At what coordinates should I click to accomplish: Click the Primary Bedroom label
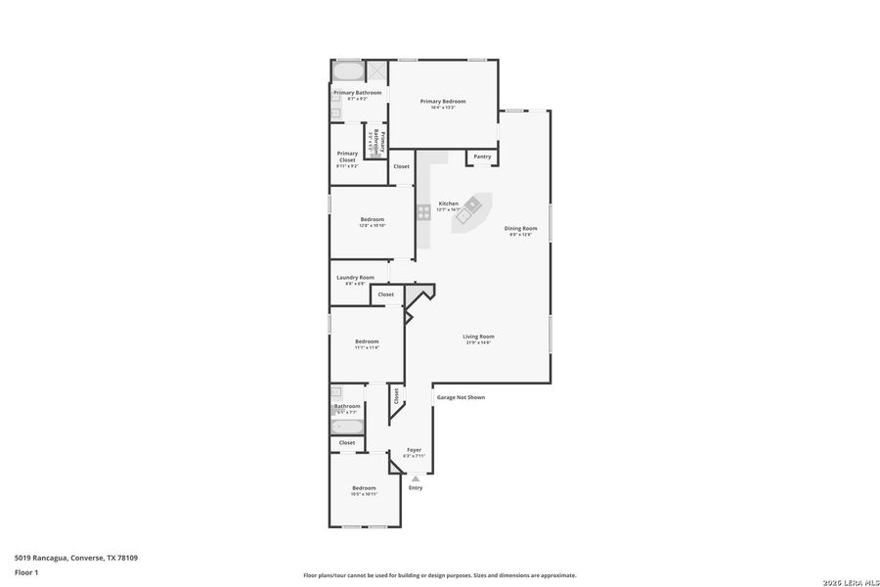[x=443, y=102]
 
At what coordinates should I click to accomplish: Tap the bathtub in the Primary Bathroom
[x=346, y=72]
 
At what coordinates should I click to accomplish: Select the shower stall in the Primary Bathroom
[x=376, y=72]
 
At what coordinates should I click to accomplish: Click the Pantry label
[x=482, y=157]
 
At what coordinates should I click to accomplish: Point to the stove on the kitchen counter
[x=423, y=210]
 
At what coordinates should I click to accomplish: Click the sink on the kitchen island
[x=472, y=204]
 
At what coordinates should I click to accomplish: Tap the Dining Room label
[x=520, y=229]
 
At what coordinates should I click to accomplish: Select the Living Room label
[x=478, y=337]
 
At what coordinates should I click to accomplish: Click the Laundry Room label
[x=355, y=278]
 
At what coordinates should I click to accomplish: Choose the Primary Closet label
[x=347, y=156]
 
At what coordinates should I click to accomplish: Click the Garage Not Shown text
[x=461, y=397]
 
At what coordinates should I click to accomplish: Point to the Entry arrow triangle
[x=415, y=478]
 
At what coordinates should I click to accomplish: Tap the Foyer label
[x=415, y=450]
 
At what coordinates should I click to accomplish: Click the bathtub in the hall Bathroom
[x=347, y=427]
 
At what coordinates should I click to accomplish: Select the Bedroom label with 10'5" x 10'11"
[x=364, y=488]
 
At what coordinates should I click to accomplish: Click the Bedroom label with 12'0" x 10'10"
[x=372, y=219]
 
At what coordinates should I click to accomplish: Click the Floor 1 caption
[x=26, y=571]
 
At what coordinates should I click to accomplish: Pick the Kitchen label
[x=448, y=203]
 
